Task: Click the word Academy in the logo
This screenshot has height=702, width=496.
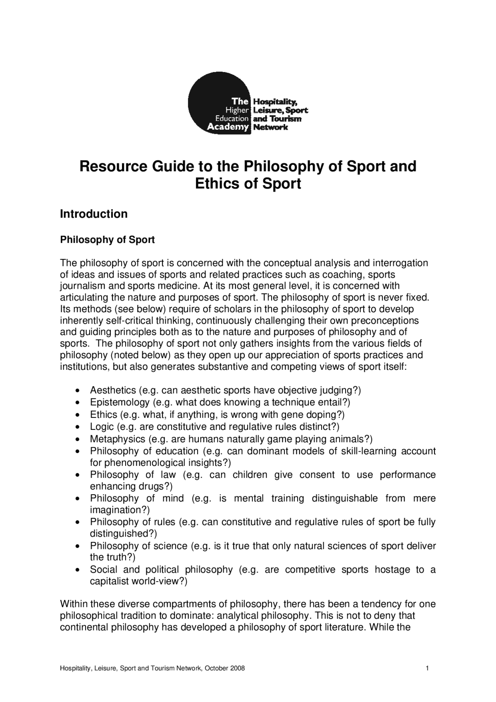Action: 227,127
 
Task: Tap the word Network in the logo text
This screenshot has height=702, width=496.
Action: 270,127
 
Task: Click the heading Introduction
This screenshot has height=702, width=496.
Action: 93,214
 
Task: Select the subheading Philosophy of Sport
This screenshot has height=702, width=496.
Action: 107,240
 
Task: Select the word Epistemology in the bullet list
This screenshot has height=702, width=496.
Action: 120,402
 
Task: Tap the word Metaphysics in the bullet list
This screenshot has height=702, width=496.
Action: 117,439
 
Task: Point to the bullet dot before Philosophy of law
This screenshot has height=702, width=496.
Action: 79,475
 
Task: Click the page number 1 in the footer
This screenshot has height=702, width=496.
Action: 427,668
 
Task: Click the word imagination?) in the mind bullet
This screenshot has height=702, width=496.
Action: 120,510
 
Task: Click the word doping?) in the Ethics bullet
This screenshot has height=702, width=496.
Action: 328,414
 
